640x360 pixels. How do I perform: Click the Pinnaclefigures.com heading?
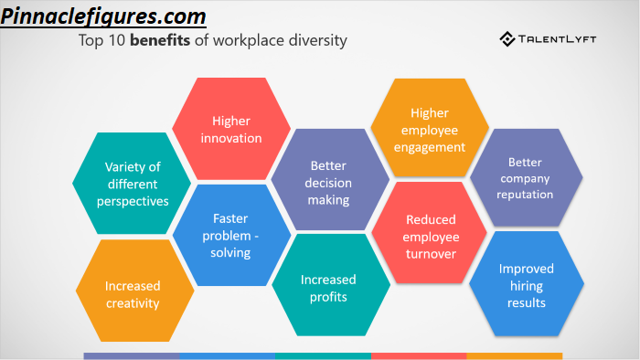103,16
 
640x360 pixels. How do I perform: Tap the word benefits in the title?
160,40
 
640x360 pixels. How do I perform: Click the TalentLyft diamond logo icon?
507,39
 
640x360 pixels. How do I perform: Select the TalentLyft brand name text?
557,39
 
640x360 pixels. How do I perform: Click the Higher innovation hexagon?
231,129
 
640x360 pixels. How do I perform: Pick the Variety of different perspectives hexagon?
132,183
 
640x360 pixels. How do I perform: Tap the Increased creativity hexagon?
134,291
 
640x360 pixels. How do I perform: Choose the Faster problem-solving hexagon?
231,235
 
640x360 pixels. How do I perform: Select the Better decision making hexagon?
330,179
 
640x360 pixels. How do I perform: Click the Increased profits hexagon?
331,284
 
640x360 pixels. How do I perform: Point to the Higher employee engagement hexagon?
430,128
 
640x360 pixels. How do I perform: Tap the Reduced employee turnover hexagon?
430,232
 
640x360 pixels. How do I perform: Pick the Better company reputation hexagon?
526,177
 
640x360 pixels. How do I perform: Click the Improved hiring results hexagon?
527,284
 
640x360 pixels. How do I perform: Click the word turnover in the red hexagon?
431,254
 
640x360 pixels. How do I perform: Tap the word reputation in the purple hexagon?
525,195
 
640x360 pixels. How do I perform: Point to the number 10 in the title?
117,40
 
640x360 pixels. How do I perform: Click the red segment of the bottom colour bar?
419,356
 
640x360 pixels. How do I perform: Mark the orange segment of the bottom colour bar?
514,356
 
